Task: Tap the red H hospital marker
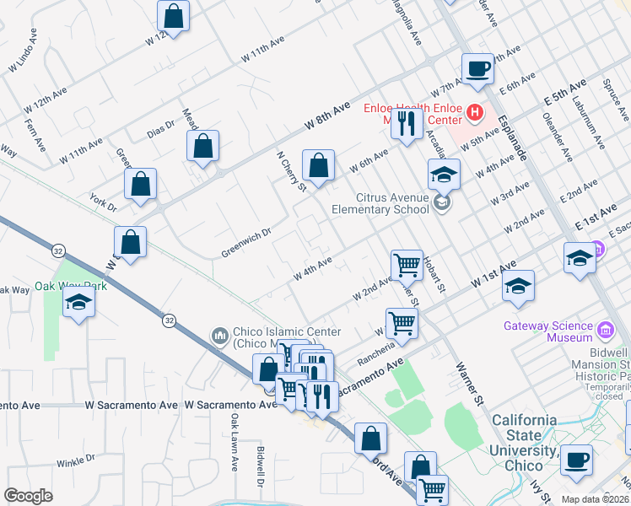coord(475,111)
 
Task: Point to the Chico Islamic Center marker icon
coord(219,336)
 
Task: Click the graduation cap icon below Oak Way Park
coord(78,304)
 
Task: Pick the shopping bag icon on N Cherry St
coord(318,167)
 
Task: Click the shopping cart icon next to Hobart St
coord(407,265)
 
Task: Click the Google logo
coord(28,496)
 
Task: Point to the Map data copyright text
coord(595,499)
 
